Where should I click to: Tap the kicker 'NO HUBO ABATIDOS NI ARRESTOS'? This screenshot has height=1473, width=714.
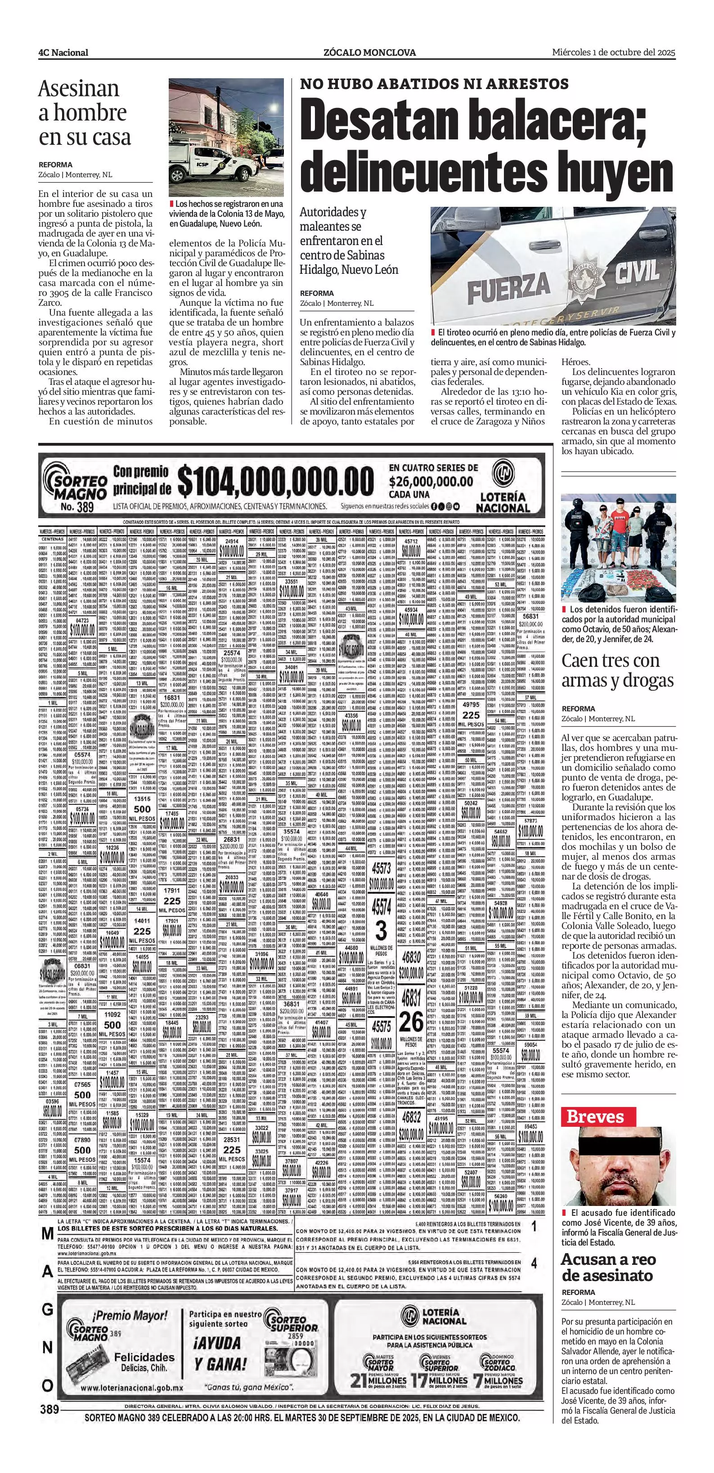pos(434,84)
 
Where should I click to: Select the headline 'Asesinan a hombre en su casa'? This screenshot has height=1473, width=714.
pos(85,113)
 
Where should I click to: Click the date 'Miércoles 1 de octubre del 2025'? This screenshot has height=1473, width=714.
pos(613,52)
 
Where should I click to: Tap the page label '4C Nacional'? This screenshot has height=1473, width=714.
pos(63,53)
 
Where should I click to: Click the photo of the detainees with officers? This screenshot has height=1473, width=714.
pos(618,547)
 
